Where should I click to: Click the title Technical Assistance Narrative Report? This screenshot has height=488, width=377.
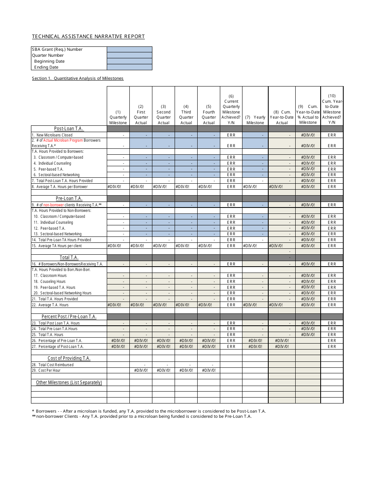[x=88, y=37]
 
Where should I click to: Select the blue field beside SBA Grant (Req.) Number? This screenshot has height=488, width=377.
[x=129, y=50]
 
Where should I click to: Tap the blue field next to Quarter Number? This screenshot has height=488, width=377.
[x=129, y=56]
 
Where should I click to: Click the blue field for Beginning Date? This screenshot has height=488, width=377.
[x=129, y=61]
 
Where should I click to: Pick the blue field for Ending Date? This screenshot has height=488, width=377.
[x=129, y=67]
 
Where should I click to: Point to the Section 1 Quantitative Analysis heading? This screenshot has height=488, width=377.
[x=77, y=79]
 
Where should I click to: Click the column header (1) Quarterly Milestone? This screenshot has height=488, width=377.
[x=118, y=117]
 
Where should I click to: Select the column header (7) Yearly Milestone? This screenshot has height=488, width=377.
[x=255, y=120]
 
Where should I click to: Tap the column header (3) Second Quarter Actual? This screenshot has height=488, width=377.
[x=163, y=114]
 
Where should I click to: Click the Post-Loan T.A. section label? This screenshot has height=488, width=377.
[x=69, y=129]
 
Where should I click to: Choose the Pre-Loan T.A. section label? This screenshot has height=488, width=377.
[x=69, y=198]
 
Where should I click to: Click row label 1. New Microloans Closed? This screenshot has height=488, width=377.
[x=52, y=135]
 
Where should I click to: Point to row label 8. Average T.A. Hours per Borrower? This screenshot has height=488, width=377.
[x=60, y=186]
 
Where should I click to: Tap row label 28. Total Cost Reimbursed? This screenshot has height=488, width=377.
[x=53, y=365]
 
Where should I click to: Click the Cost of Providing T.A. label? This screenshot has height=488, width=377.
[x=69, y=358]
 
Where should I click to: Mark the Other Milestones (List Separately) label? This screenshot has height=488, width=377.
[x=69, y=382]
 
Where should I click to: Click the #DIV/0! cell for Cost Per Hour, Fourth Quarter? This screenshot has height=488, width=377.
[x=209, y=371]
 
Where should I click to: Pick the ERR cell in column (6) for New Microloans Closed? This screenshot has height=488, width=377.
[x=231, y=135]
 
